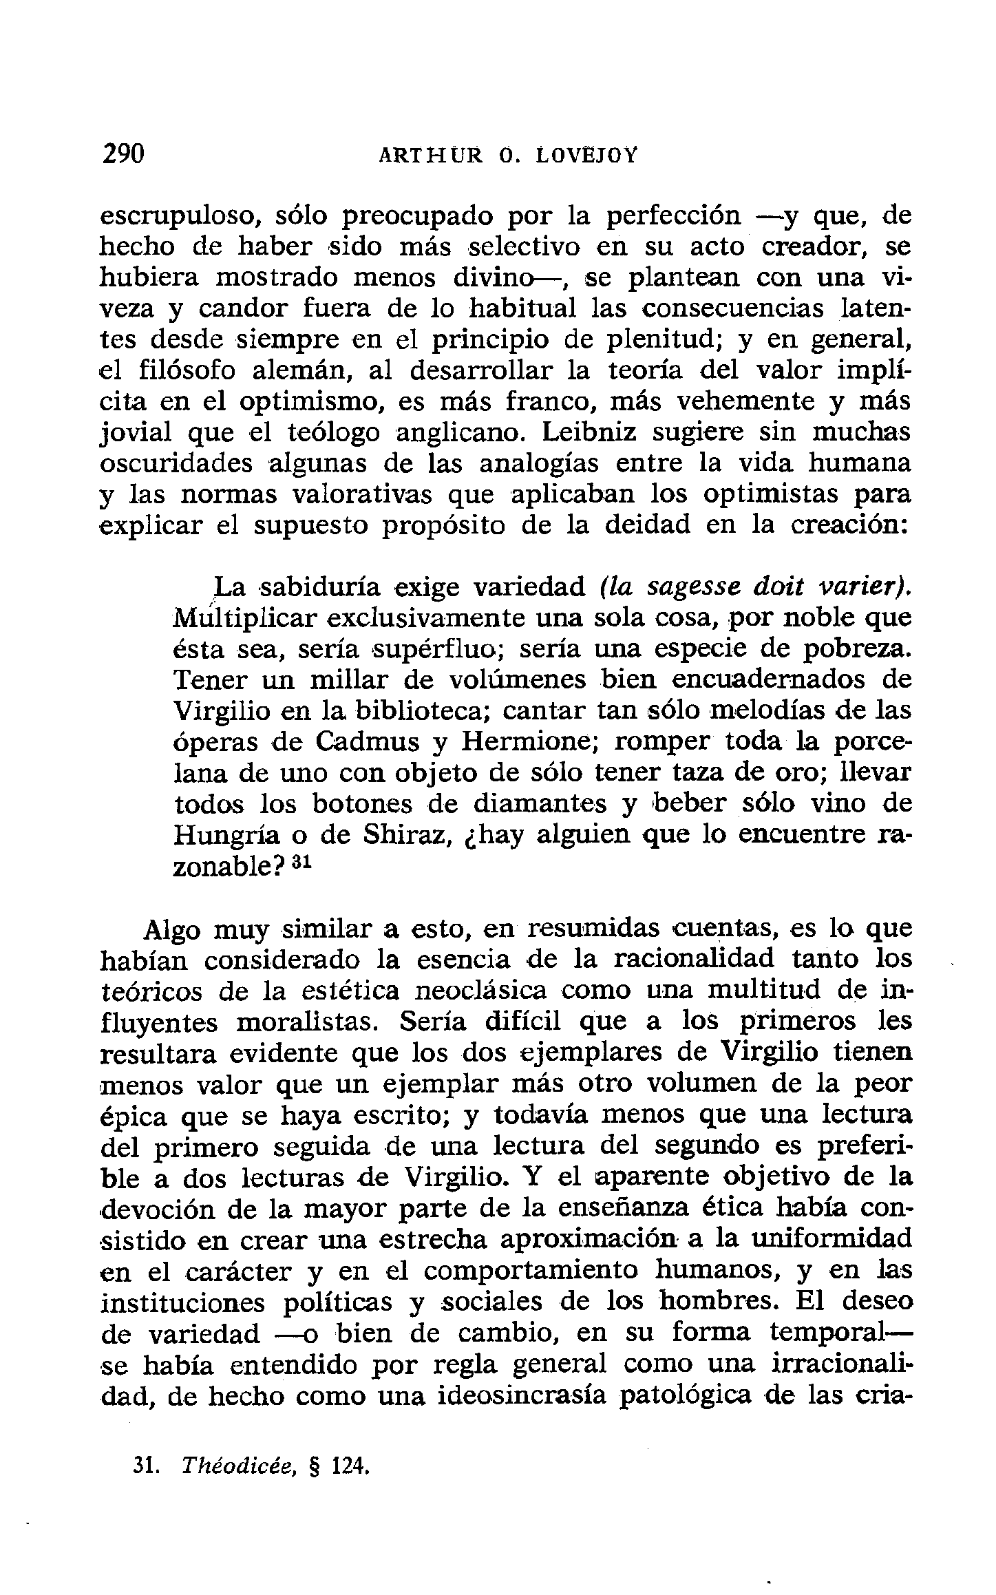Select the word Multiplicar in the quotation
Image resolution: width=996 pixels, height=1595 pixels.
coord(244,618)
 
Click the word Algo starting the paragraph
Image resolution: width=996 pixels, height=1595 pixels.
coord(171,930)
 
